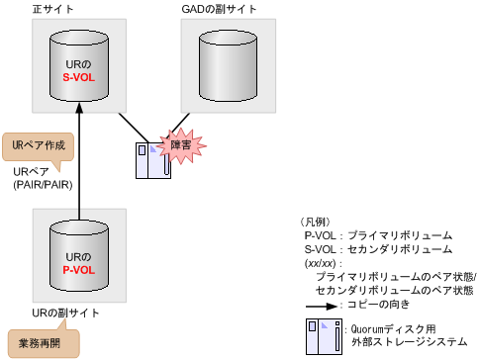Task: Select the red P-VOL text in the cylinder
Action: pos(79,269)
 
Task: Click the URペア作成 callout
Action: pos(39,145)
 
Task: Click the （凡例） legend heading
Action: pos(319,223)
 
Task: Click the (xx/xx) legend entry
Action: pos(324,264)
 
